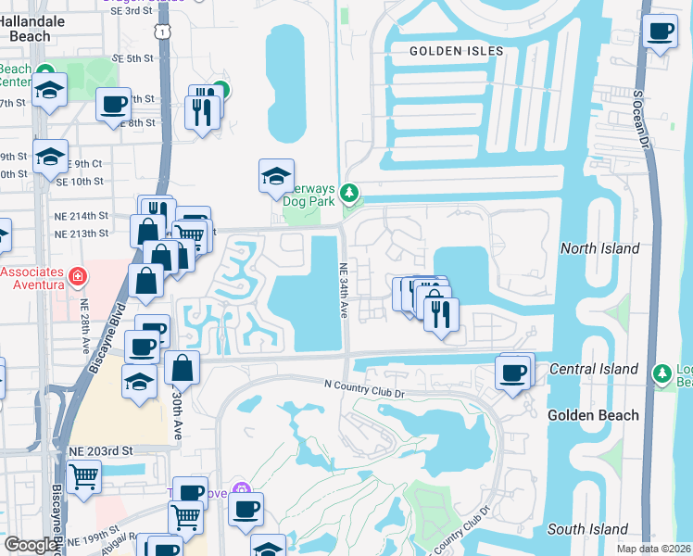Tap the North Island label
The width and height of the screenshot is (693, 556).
pyautogui.click(x=599, y=248)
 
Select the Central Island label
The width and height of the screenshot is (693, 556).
pyautogui.click(x=593, y=369)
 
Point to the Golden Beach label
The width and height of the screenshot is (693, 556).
pyautogui.click(x=593, y=415)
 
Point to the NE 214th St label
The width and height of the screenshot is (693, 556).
pyautogui.click(x=82, y=215)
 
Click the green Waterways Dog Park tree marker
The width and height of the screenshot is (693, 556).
pyautogui.click(x=349, y=193)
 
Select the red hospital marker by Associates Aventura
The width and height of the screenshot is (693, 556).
pyautogui.click(x=77, y=276)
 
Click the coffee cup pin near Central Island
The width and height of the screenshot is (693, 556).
pyautogui.click(x=512, y=373)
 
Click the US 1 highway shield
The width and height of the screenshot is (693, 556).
pyautogui.click(x=162, y=32)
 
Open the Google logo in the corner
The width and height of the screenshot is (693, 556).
pyautogui.click(x=31, y=545)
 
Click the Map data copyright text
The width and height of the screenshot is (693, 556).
pyautogui.click(x=654, y=549)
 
